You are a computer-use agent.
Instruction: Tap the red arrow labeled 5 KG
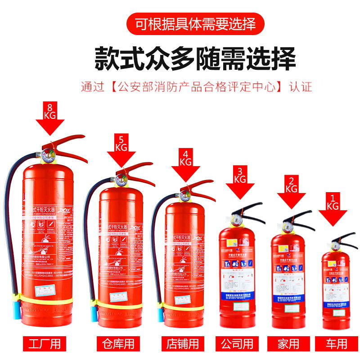(121, 152)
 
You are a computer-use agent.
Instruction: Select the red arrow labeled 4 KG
(185, 166)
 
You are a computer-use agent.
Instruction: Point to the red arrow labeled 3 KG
(240, 184)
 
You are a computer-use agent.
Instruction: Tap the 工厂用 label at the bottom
(44, 344)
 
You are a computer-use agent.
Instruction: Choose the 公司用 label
(238, 344)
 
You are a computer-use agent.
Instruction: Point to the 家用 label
(288, 344)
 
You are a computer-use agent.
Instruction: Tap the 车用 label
(336, 344)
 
